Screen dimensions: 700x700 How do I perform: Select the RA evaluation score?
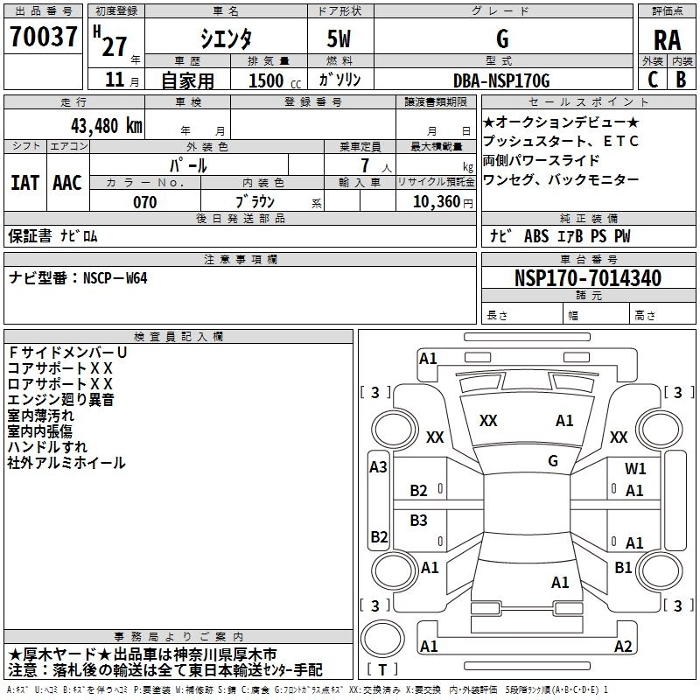667,40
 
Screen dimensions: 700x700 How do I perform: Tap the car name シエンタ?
225,39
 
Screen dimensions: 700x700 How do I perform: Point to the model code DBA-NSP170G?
501,80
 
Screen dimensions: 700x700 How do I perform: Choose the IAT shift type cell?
24,182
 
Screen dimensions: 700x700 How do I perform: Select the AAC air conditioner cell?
67,182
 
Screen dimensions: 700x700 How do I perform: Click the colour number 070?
144,202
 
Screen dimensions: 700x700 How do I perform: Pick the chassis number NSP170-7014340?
587,278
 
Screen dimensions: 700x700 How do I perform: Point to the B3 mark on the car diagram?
419,521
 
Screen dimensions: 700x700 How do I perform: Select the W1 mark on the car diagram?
635,469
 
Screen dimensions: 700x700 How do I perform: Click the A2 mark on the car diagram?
623,647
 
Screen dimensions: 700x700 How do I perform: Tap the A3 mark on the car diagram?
378,467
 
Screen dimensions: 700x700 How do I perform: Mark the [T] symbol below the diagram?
382,670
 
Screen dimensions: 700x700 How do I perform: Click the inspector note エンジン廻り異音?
61,400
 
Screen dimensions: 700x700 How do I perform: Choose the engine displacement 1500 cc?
266,80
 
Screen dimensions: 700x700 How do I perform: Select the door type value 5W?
341,39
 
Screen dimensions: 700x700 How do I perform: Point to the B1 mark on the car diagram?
623,568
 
